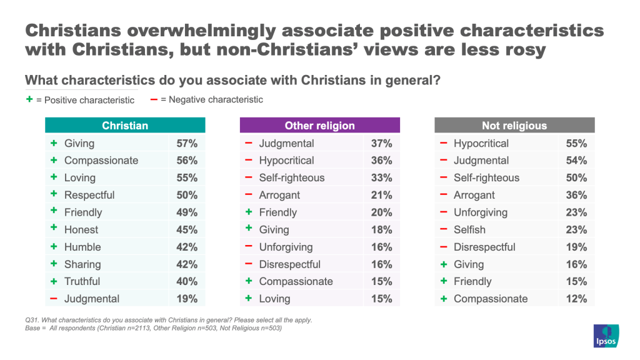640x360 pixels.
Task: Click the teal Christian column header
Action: pyautogui.click(x=125, y=126)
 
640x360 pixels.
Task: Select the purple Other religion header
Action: pyautogui.click(x=319, y=126)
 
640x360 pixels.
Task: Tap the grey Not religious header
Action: pyautogui.click(x=514, y=126)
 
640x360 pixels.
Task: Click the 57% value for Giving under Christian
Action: pyautogui.click(x=187, y=143)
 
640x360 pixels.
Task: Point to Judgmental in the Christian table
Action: pyautogui.click(x=92, y=299)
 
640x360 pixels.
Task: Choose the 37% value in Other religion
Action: pyautogui.click(x=382, y=143)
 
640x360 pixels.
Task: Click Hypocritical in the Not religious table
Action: pyautogui.click(x=481, y=143)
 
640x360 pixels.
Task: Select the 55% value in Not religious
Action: pyautogui.click(x=576, y=143)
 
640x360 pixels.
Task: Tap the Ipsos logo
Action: pyautogui.click(x=606, y=336)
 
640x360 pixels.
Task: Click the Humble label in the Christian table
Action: pyautogui.click(x=82, y=247)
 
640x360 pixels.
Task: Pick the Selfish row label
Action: pyautogui.click(x=469, y=229)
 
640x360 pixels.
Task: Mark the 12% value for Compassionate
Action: pyautogui.click(x=576, y=299)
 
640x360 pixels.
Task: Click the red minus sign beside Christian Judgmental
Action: pyautogui.click(x=54, y=299)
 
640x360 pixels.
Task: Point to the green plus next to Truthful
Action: pyautogui.click(x=54, y=281)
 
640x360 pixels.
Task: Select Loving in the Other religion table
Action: pyautogui.click(x=274, y=299)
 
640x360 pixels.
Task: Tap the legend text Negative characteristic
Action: pyautogui.click(x=212, y=99)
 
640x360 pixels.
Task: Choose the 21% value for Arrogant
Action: pyautogui.click(x=382, y=195)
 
